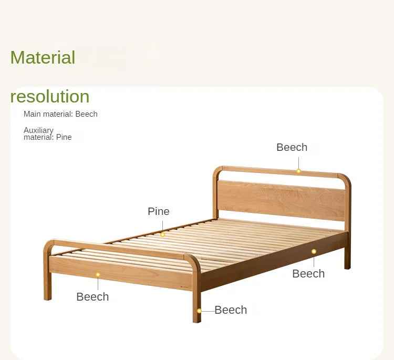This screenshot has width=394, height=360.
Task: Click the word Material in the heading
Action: (43, 57)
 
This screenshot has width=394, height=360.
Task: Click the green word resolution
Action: (50, 96)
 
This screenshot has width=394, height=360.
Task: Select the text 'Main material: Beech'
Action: (60, 114)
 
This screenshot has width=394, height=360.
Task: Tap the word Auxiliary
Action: (38, 130)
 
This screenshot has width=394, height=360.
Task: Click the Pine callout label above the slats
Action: (158, 211)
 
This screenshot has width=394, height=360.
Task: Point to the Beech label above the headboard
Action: (292, 147)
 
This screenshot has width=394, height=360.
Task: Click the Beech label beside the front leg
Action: (231, 310)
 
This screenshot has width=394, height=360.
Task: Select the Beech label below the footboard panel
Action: (92, 296)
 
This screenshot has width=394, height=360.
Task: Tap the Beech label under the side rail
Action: (308, 273)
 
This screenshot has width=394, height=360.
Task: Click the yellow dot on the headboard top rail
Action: (298, 171)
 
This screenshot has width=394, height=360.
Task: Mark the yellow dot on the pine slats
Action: (162, 234)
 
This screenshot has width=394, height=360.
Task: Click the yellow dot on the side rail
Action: (314, 251)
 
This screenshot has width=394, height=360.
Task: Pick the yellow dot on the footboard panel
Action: (98, 274)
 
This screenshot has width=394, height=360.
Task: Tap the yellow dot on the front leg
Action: (199, 311)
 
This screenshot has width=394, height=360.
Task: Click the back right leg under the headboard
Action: (347, 258)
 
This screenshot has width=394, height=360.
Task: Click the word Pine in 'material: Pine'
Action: (64, 137)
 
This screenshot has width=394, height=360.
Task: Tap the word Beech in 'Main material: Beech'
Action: (86, 114)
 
